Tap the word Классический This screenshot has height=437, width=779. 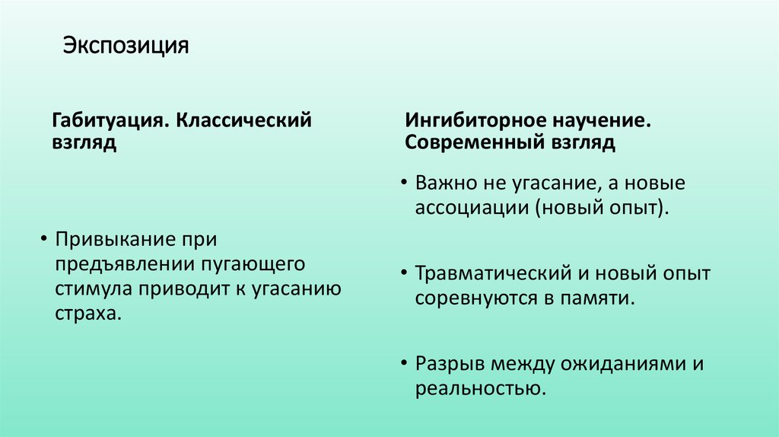[245, 121]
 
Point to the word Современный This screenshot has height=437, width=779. [477, 143]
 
